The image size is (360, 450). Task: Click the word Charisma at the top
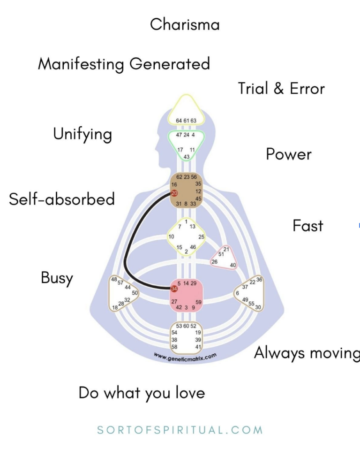[185, 24]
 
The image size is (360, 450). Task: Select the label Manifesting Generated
[124, 64]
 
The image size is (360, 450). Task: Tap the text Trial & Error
[281, 89]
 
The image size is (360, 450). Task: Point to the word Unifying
[82, 135]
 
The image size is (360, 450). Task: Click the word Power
[289, 154]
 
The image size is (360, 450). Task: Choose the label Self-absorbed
[62, 199]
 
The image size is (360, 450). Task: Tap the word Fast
[308, 226]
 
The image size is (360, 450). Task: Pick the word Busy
[57, 278]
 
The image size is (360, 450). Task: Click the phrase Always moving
[307, 353]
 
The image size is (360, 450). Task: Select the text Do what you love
[142, 393]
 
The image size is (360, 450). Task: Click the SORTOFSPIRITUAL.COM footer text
[180, 430]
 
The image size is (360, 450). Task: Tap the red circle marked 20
[174, 193]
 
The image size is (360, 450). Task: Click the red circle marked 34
[174, 289]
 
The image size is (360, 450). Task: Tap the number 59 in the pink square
[198, 302]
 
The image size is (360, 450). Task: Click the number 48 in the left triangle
[113, 279]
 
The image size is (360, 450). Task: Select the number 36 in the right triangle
[259, 280]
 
